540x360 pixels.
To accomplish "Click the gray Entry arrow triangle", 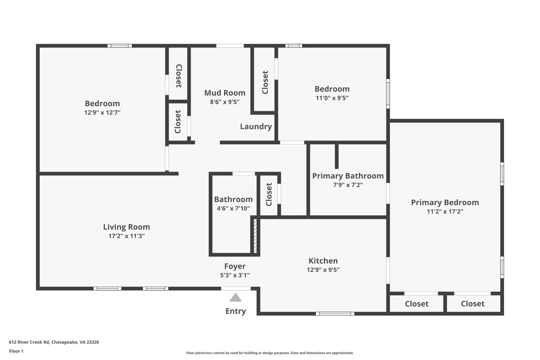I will click(235, 297).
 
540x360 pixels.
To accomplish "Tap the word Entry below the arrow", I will click(235, 311).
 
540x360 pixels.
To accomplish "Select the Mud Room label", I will click(225, 93).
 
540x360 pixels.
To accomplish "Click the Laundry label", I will click(256, 127).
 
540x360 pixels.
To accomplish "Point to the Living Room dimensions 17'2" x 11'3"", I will click(127, 236).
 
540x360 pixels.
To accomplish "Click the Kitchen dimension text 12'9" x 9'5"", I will click(323, 270).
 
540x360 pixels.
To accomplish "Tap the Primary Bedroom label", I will click(445, 203).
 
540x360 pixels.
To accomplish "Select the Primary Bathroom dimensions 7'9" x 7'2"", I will click(348, 185).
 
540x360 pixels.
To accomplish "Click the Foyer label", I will click(235, 266).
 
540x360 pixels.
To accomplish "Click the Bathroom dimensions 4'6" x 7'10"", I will click(233, 208).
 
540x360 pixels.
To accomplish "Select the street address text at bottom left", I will click(54, 342).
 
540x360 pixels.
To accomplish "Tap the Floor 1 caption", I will click(16, 351).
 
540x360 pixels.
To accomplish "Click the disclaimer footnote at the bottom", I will click(270, 353).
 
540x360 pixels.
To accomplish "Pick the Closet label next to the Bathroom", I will click(269, 194).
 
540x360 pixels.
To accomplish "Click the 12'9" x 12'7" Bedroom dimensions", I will click(102, 113).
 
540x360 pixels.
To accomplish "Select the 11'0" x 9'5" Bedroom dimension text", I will click(332, 98).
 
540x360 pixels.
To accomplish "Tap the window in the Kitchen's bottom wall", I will click(335, 314).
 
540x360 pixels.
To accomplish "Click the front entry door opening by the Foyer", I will click(236, 289).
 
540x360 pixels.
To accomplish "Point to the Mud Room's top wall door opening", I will click(230, 46).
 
